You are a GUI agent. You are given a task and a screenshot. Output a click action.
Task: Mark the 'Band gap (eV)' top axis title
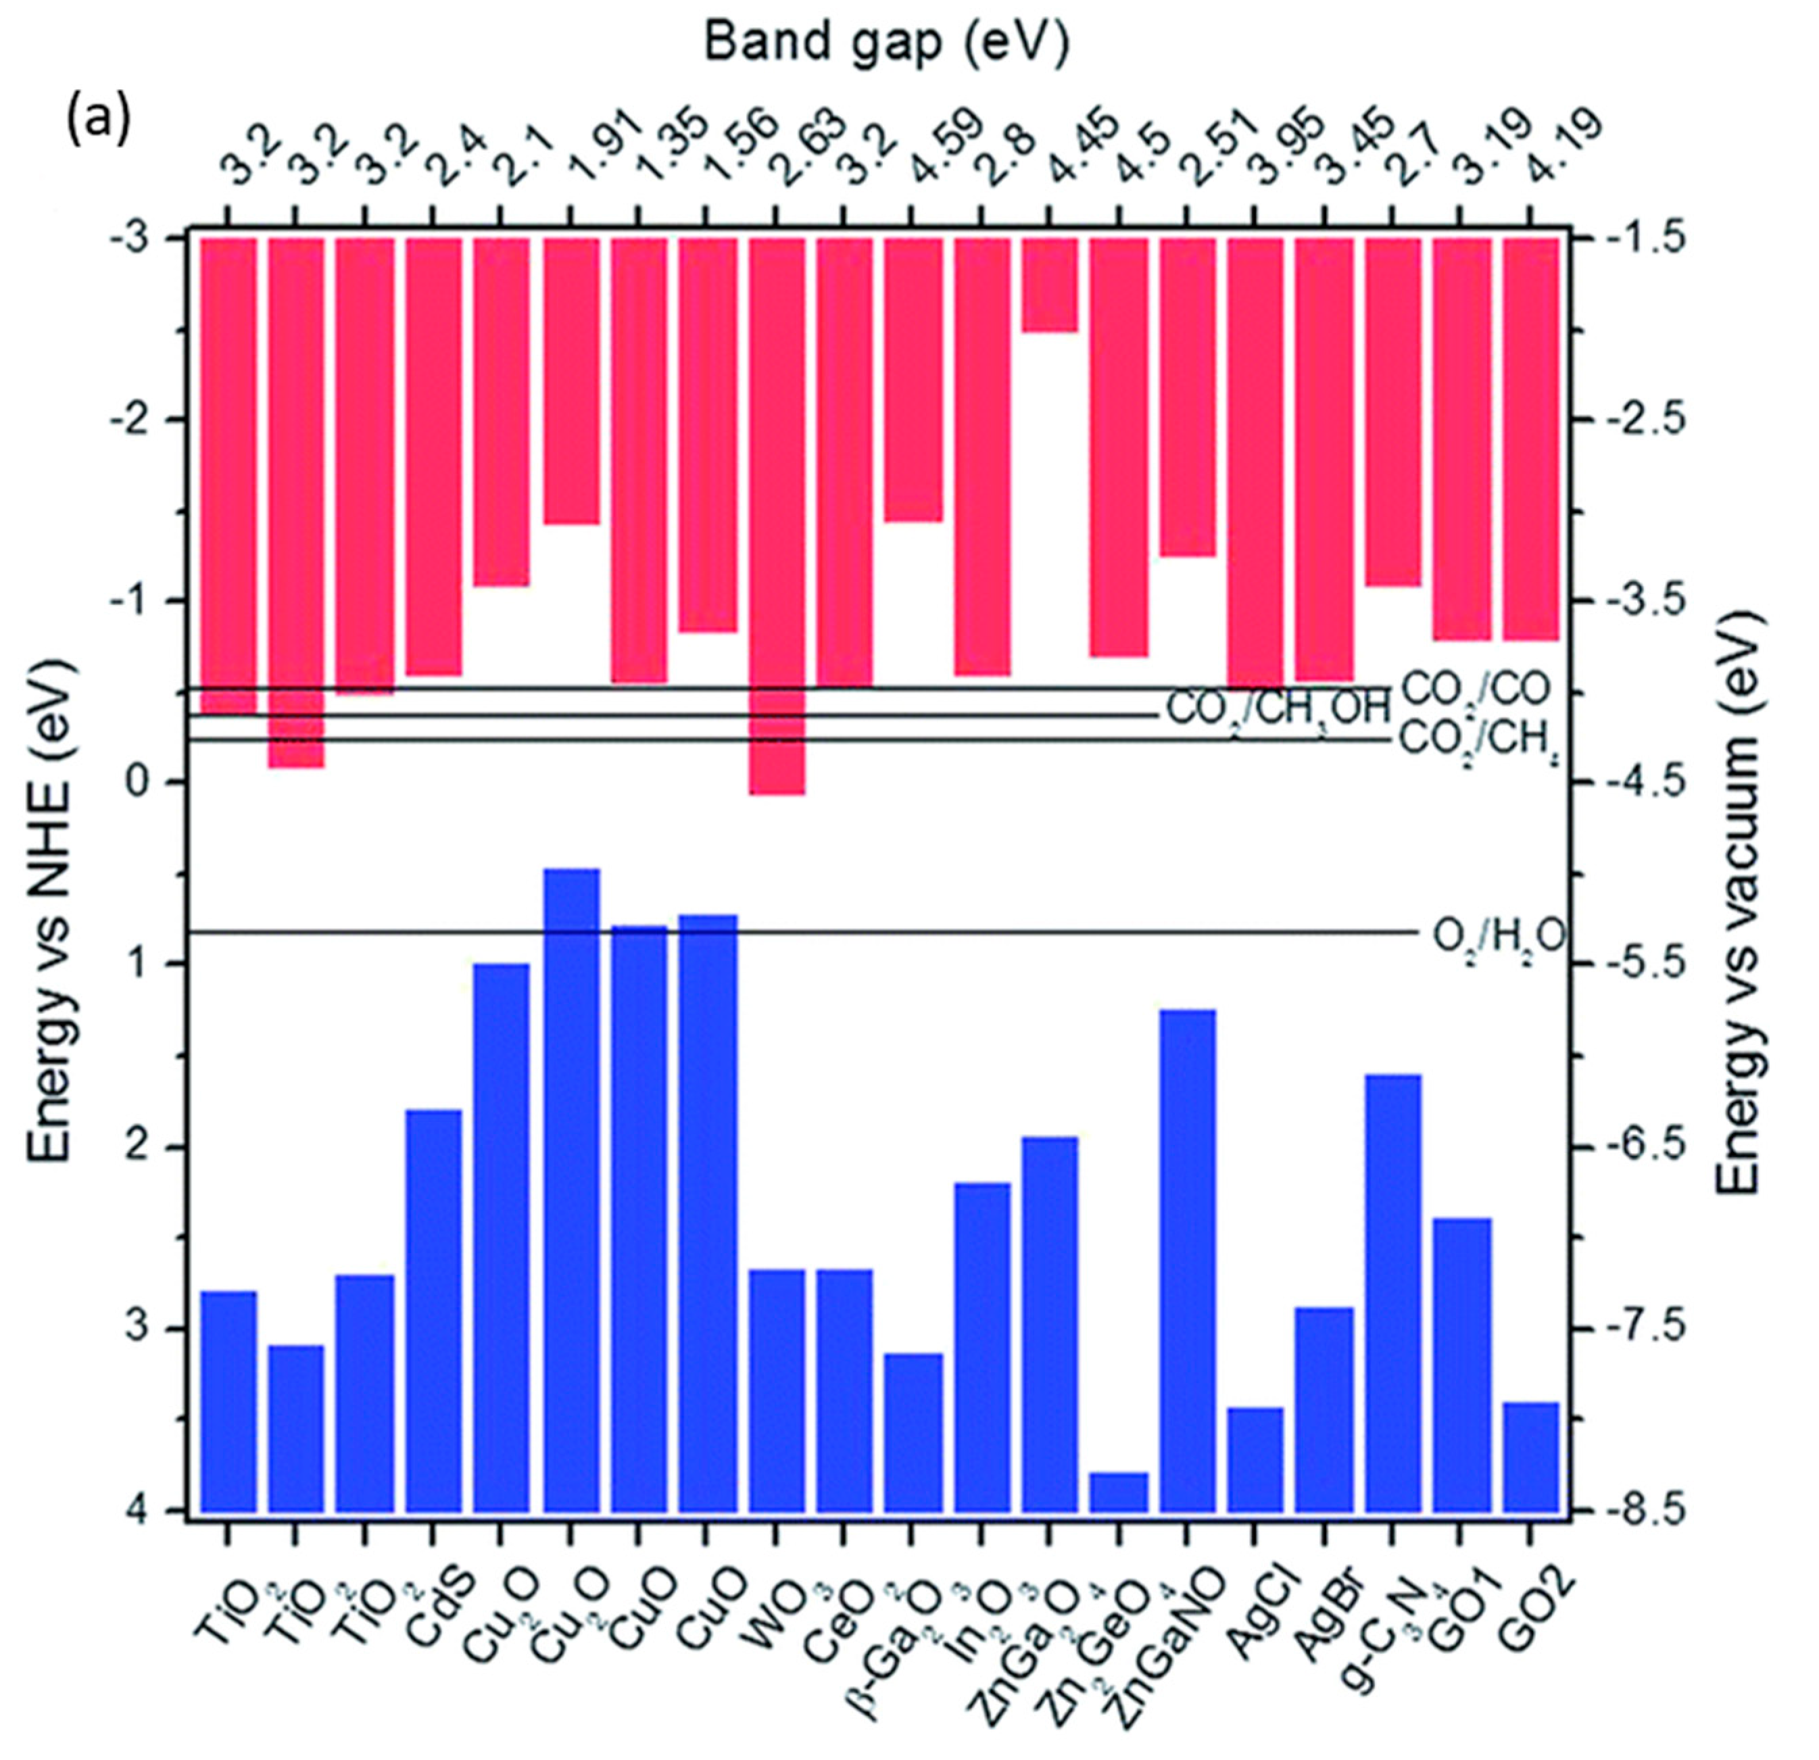click(886, 42)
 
